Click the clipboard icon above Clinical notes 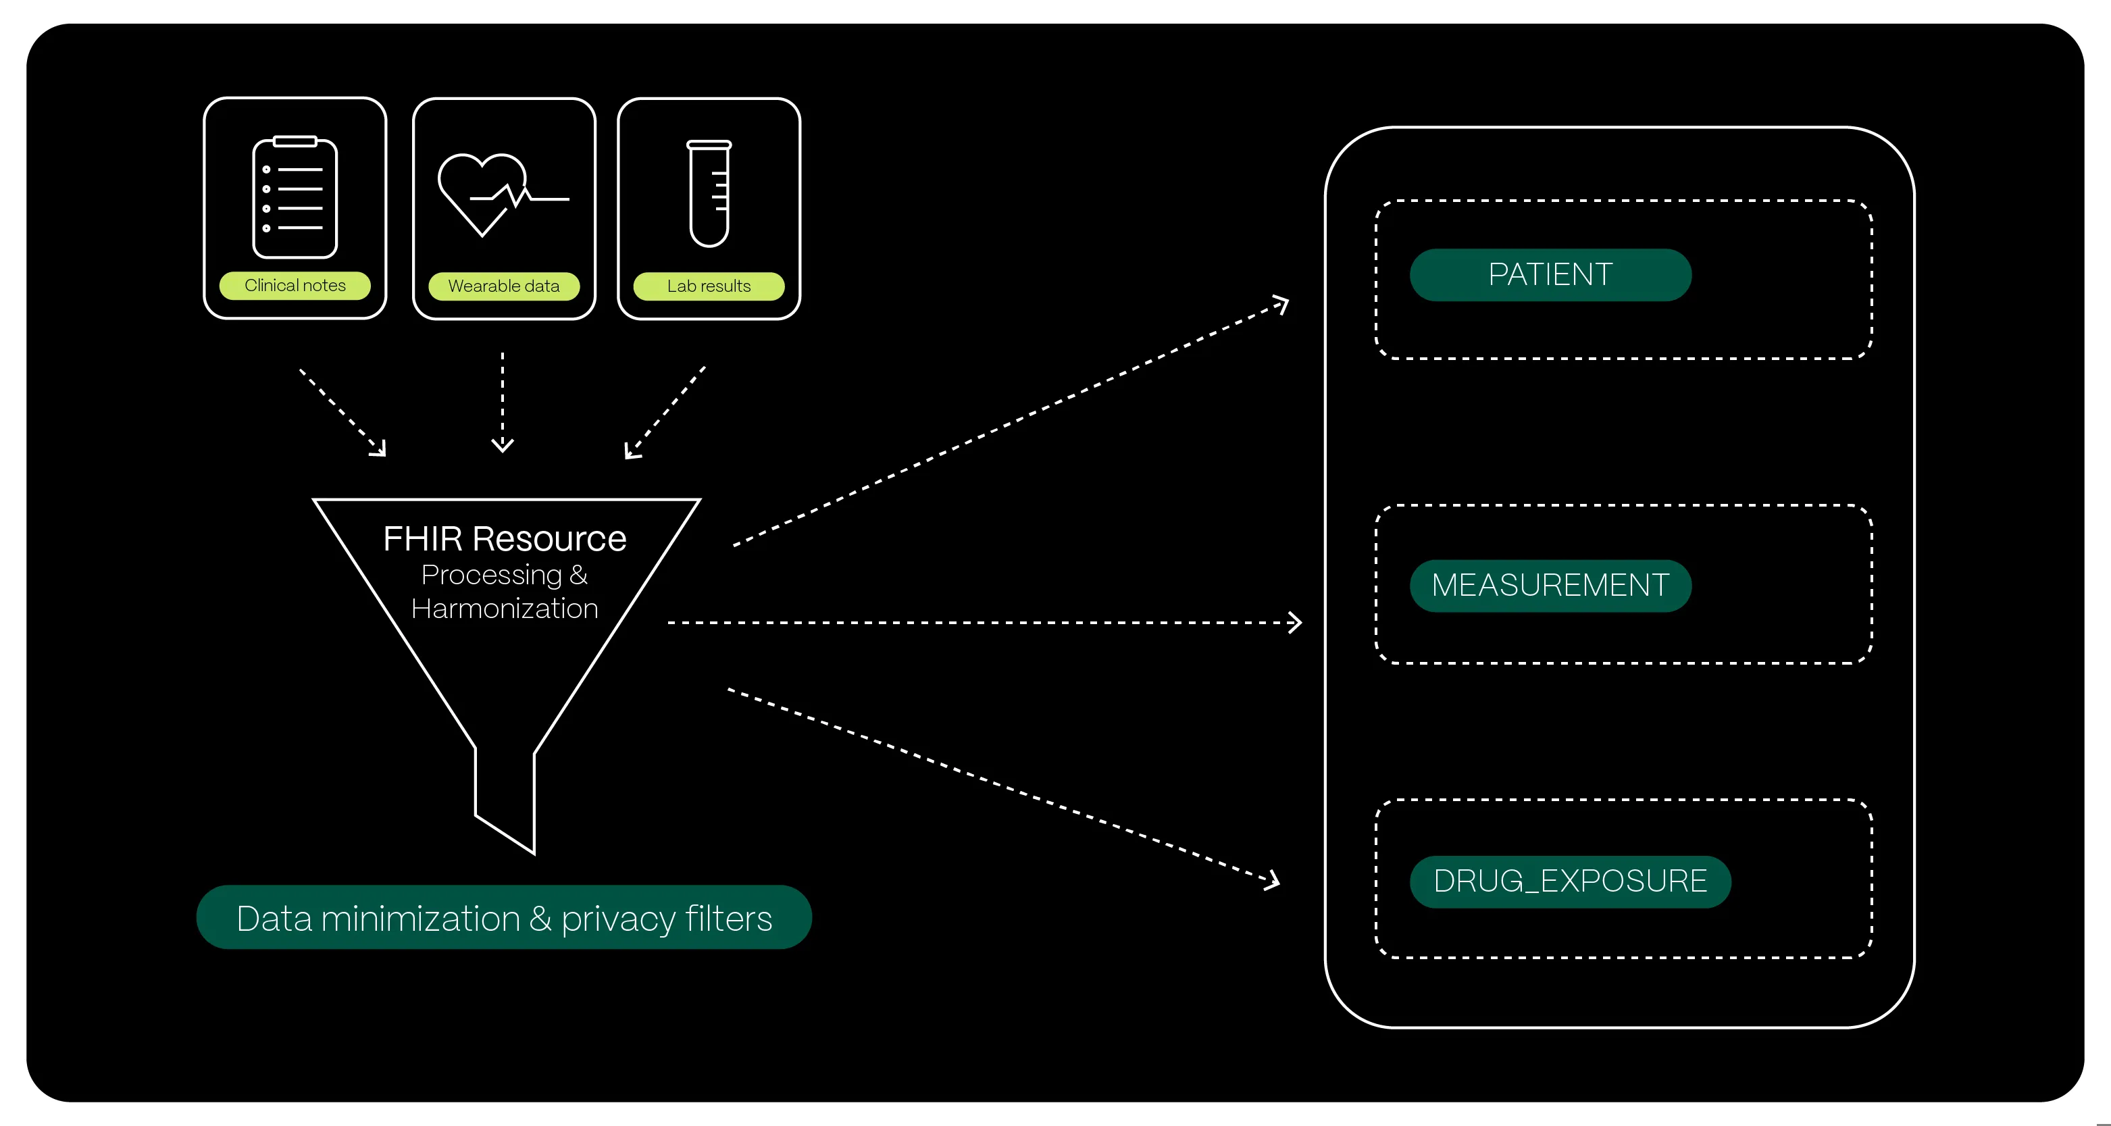[295, 197]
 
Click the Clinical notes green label [295, 285]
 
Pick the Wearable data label [504, 286]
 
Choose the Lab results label [709, 286]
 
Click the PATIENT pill [1550, 274]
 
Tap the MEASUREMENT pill [1550, 585]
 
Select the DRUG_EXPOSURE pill [1570, 881]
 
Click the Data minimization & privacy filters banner [504, 918]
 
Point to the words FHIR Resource [505, 538]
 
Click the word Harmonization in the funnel [505, 609]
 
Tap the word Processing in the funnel [492, 575]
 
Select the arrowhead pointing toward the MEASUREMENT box [1295, 623]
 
